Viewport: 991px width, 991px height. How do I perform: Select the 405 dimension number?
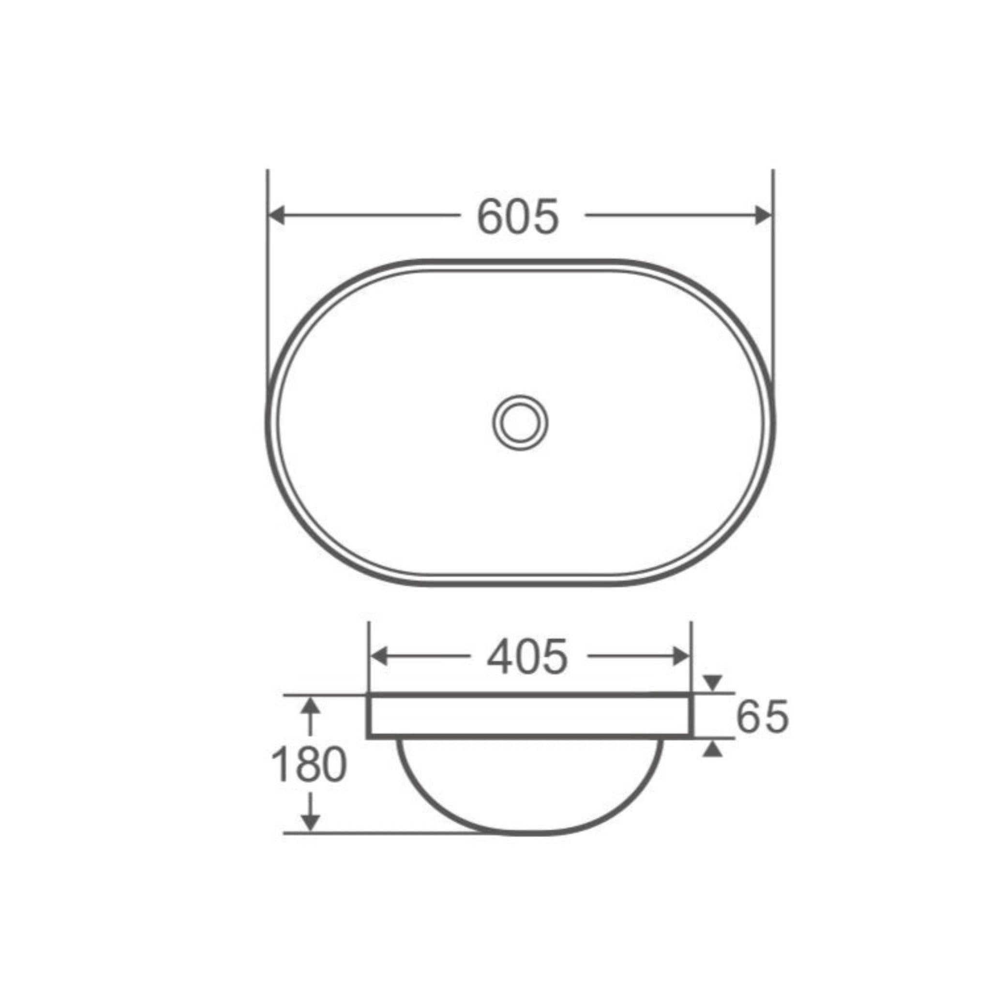pos(527,657)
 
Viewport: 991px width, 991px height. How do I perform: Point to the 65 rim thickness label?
pos(762,717)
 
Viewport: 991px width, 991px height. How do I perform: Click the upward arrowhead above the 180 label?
pos(310,707)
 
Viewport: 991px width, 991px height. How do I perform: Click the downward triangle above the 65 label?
pos(712,683)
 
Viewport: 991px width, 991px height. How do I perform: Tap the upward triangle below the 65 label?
pos(712,750)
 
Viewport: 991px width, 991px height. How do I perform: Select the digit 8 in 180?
pos(309,765)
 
